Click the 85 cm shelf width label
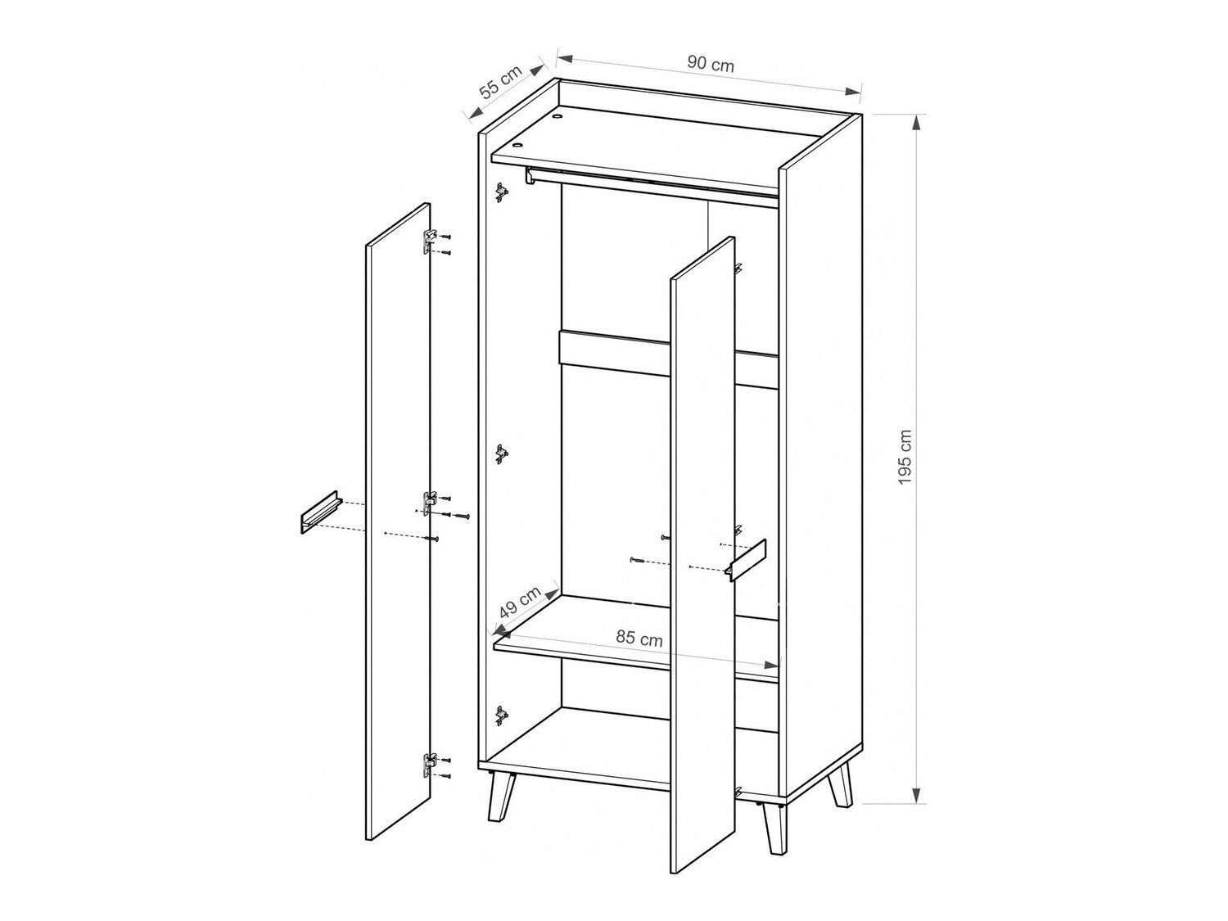639,639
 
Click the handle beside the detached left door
316,514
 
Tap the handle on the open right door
744,561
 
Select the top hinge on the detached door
430,239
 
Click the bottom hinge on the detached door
430,765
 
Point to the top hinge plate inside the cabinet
501,193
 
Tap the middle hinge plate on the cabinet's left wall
501,455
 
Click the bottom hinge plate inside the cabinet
501,715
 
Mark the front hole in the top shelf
517,145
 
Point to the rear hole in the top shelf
558,117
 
